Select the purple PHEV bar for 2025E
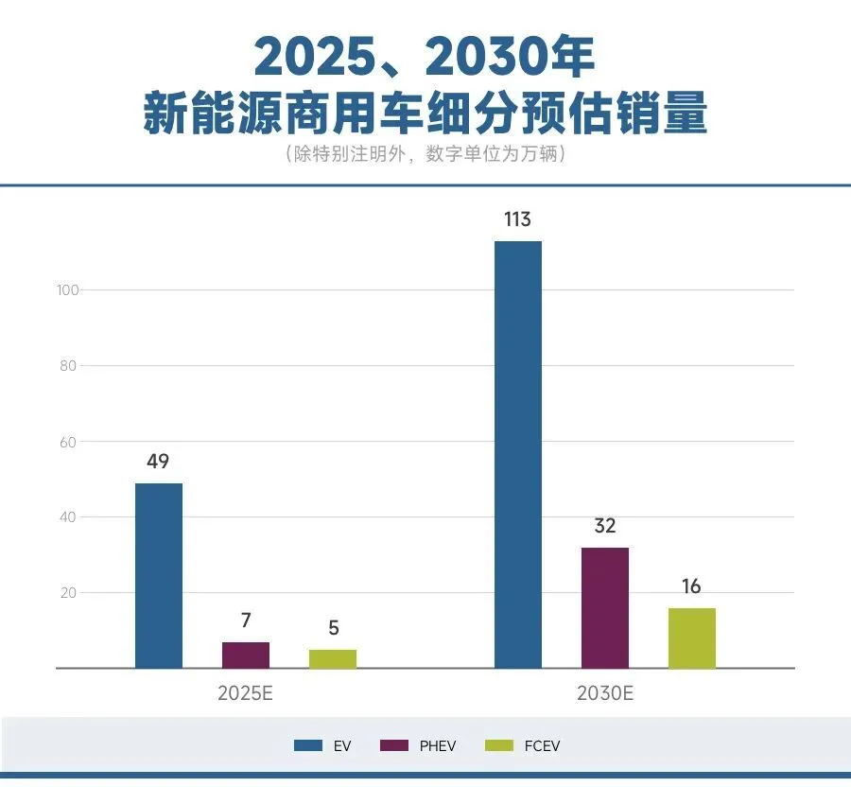(x=246, y=655)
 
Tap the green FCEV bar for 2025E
(x=333, y=658)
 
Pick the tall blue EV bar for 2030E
(x=518, y=454)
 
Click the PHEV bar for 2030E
(x=605, y=607)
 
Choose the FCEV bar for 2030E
(x=692, y=638)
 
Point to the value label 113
(x=517, y=219)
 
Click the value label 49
(x=158, y=462)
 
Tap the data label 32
(x=605, y=526)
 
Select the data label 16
(x=691, y=586)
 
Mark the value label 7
(x=246, y=621)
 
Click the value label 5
(x=334, y=628)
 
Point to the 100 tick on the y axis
(x=67, y=290)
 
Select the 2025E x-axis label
(x=246, y=693)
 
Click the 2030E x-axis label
(x=605, y=693)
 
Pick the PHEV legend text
(x=438, y=745)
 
